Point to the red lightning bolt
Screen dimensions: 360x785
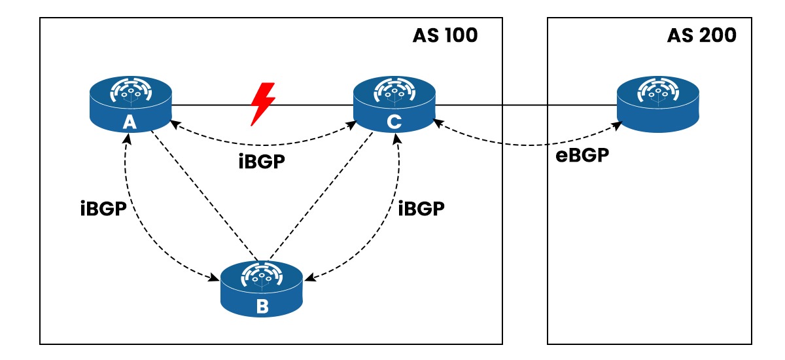coord(262,103)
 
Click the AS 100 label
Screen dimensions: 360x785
coord(445,35)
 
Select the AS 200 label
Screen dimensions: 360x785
coord(701,35)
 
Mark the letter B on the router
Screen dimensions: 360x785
coord(262,306)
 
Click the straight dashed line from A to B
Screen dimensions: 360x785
coord(203,193)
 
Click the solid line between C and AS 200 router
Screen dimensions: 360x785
coord(523,105)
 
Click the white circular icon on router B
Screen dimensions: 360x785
coord(262,276)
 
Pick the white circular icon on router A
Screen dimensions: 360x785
coord(131,92)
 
